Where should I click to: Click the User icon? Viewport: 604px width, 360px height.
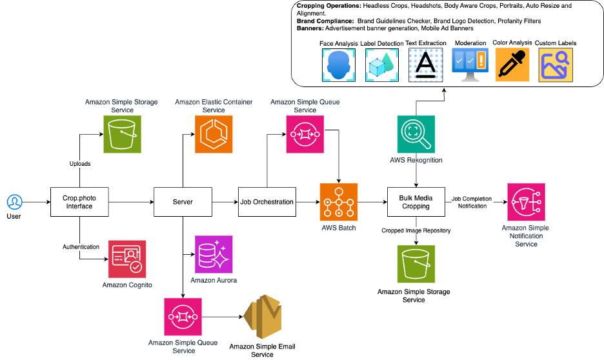[x=14, y=202]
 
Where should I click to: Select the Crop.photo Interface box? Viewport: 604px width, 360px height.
[x=80, y=202]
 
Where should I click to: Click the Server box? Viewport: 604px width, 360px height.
[x=183, y=202]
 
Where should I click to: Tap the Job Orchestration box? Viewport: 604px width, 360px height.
[x=267, y=202]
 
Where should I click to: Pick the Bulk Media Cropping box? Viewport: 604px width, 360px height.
[x=415, y=201]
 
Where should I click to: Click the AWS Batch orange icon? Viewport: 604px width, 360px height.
[x=339, y=202]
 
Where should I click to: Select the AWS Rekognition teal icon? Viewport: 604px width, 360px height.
[x=416, y=134]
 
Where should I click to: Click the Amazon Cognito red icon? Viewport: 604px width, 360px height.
[x=127, y=259]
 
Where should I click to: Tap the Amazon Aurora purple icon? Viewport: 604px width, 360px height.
[x=214, y=254]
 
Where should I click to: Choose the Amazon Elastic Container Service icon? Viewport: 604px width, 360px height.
[x=214, y=134]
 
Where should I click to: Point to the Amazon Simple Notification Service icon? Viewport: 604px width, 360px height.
[x=526, y=202]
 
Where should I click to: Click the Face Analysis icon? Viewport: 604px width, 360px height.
[x=339, y=65]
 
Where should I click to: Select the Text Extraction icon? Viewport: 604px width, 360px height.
[x=425, y=65]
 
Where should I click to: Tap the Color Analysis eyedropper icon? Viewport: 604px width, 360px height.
[x=512, y=65]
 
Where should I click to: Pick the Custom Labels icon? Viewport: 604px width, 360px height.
[x=555, y=65]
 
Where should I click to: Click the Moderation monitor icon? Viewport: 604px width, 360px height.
[x=469, y=65]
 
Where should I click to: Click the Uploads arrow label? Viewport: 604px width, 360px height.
[x=80, y=164]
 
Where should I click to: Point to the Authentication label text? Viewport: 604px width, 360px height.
[x=81, y=246]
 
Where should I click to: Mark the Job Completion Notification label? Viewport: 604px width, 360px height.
[x=471, y=203]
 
